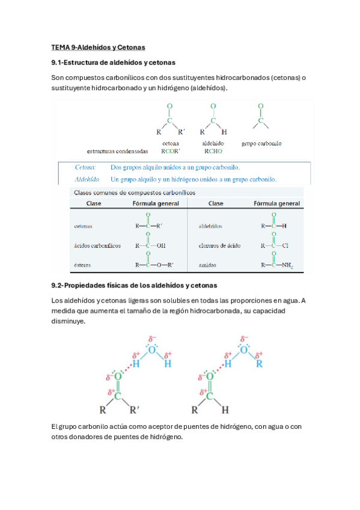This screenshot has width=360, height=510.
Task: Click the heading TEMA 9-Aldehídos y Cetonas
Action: tap(99, 47)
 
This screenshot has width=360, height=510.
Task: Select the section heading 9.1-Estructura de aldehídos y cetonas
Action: tap(114, 63)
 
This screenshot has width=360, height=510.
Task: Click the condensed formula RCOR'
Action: tap(172, 152)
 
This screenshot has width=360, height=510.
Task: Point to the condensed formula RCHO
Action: tap(213, 152)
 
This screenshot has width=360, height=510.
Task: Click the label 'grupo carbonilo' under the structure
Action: tap(261, 144)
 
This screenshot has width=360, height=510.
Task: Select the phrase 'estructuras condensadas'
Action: tap(117, 152)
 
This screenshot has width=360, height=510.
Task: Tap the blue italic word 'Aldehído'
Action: tap(86, 179)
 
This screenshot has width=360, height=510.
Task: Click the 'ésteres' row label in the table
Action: tap(83, 265)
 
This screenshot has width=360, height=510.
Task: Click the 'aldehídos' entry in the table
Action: tap(210, 227)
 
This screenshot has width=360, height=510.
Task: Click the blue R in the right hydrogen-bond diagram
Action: tap(260, 364)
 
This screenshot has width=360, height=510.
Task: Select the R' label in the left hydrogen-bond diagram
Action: tap(135, 411)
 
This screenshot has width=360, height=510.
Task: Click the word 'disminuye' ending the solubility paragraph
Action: tap(69, 321)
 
